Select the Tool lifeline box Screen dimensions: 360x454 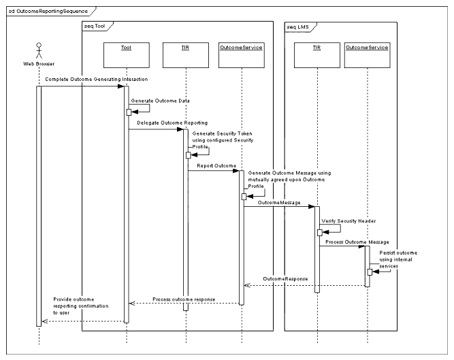[127, 47]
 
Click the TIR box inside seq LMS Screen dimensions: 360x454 [317, 47]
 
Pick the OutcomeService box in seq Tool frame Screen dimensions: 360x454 [241, 47]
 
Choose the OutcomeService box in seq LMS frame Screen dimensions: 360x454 [367, 47]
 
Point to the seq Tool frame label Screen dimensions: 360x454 [96, 26]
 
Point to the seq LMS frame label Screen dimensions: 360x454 [299, 26]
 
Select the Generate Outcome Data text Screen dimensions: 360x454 [161, 100]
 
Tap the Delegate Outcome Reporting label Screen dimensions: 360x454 [162, 122]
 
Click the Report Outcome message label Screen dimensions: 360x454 [216, 165]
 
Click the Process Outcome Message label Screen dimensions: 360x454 [357, 242]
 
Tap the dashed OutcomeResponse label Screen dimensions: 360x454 [286, 279]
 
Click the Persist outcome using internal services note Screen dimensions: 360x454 [398, 259]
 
